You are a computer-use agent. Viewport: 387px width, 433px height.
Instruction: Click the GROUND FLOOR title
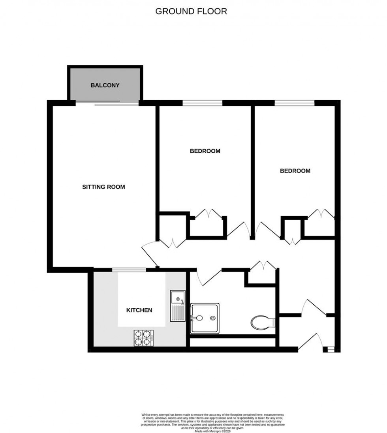[x=191, y=11]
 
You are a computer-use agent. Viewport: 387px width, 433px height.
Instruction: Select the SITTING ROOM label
[x=103, y=187]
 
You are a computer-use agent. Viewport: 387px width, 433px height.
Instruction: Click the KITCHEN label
[x=139, y=310]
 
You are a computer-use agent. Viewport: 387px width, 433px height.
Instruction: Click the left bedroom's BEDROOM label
[x=205, y=151]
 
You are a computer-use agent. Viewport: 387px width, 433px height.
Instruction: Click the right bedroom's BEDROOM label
[x=295, y=171]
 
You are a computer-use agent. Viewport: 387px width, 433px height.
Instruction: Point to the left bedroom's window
[x=202, y=103]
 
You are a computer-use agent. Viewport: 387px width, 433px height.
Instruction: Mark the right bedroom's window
[x=295, y=103]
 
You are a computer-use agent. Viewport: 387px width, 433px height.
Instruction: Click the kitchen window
[x=129, y=270]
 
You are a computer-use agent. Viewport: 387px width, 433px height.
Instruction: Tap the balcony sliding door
[x=107, y=103]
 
